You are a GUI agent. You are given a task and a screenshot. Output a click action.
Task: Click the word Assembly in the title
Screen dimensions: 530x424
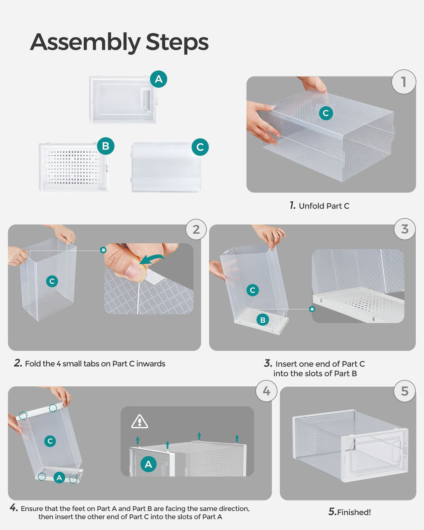[x=85, y=42]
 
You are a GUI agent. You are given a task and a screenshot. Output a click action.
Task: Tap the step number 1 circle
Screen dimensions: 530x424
[x=404, y=82]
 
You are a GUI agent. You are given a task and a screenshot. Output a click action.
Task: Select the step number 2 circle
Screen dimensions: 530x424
[x=196, y=229]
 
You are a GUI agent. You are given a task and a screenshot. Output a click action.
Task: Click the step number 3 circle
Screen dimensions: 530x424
[x=405, y=229]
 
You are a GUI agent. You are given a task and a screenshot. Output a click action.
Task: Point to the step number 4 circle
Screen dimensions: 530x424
[x=266, y=391]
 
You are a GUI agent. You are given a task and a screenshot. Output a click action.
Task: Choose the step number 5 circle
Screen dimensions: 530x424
[x=404, y=391]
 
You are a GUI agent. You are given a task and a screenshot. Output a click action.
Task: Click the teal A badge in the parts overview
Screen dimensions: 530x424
[x=159, y=79]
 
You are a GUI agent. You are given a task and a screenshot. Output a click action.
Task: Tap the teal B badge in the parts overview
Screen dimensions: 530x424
[x=106, y=146]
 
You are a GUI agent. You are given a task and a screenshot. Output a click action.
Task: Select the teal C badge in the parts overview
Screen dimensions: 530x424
[x=200, y=147]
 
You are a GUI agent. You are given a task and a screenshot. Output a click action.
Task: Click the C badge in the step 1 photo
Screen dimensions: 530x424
[x=325, y=113]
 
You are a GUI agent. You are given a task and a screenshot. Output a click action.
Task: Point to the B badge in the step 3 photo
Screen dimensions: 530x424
[x=263, y=320]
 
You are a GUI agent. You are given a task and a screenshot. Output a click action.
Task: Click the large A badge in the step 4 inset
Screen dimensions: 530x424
[x=148, y=464]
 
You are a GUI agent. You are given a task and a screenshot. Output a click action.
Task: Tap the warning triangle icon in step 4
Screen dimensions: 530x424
[x=139, y=422]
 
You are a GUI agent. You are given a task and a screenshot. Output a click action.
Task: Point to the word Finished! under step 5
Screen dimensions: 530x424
[x=354, y=512]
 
